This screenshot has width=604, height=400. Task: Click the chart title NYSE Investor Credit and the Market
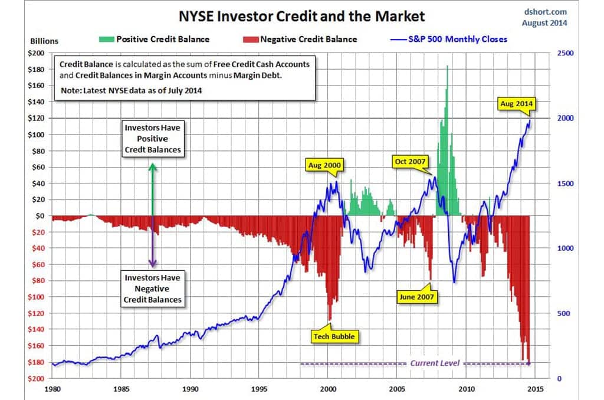(x=302, y=15)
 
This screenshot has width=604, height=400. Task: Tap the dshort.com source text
(x=544, y=11)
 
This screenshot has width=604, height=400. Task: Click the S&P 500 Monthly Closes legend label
(x=457, y=39)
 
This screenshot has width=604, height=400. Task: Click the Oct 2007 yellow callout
(x=411, y=160)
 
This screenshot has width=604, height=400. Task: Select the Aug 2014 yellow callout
(x=516, y=104)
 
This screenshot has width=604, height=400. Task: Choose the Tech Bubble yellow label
(x=333, y=336)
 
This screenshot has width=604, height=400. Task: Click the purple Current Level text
(x=434, y=363)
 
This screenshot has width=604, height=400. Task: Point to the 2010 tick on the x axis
(x=467, y=389)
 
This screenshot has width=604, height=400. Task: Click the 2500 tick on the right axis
(x=566, y=54)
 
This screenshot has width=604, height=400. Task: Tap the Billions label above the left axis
(x=44, y=41)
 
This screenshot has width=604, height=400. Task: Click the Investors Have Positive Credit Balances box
(x=153, y=139)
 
